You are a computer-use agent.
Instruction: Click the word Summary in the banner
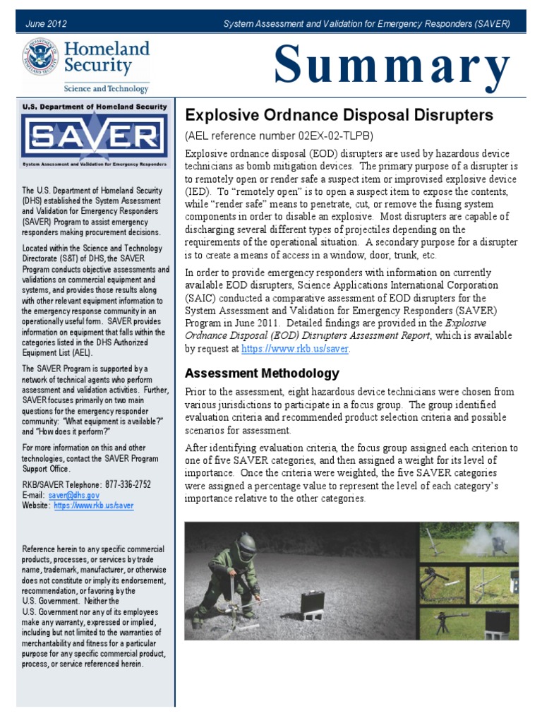pos(392,66)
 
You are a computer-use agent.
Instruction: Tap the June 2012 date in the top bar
pos(46,23)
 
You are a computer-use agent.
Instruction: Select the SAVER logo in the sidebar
pos(94,138)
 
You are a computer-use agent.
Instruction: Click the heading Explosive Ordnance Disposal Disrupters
pos(339,115)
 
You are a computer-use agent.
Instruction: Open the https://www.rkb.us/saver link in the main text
pos(295,349)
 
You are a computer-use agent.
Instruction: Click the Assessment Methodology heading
pos(262,373)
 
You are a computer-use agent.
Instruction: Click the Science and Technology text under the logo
pos(106,89)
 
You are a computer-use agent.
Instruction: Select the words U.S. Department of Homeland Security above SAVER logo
pos(94,107)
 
